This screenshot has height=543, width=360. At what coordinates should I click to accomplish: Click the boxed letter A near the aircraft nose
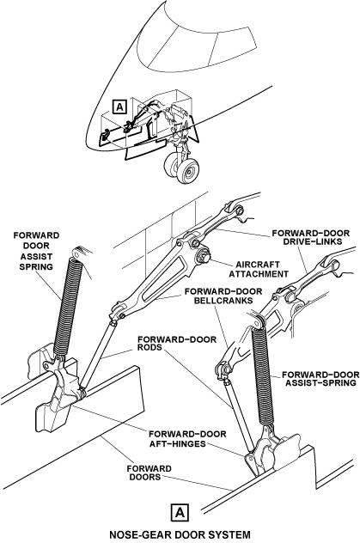click(x=119, y=107)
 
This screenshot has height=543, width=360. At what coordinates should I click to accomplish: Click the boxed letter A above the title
click(x=180, y=512)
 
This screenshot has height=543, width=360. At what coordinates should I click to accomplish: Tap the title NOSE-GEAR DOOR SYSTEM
click(x=180, y=534)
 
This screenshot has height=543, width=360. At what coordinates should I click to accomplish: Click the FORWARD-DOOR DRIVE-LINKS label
click(x=310, y=237)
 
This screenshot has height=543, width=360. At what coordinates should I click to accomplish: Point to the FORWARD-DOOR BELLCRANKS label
click(x=223, y=296)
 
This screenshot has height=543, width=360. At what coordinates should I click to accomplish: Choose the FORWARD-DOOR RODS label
click(x=177, y=343)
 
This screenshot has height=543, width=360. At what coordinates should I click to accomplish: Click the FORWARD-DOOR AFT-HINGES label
click(x=187, y=439)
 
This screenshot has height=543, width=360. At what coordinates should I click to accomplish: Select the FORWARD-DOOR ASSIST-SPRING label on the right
click(x=320, y=379)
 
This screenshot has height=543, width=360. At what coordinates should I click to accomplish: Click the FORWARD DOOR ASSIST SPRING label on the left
click(x=36, y=251)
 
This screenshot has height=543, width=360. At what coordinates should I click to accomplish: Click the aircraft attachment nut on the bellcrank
click(x=202, y=256)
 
